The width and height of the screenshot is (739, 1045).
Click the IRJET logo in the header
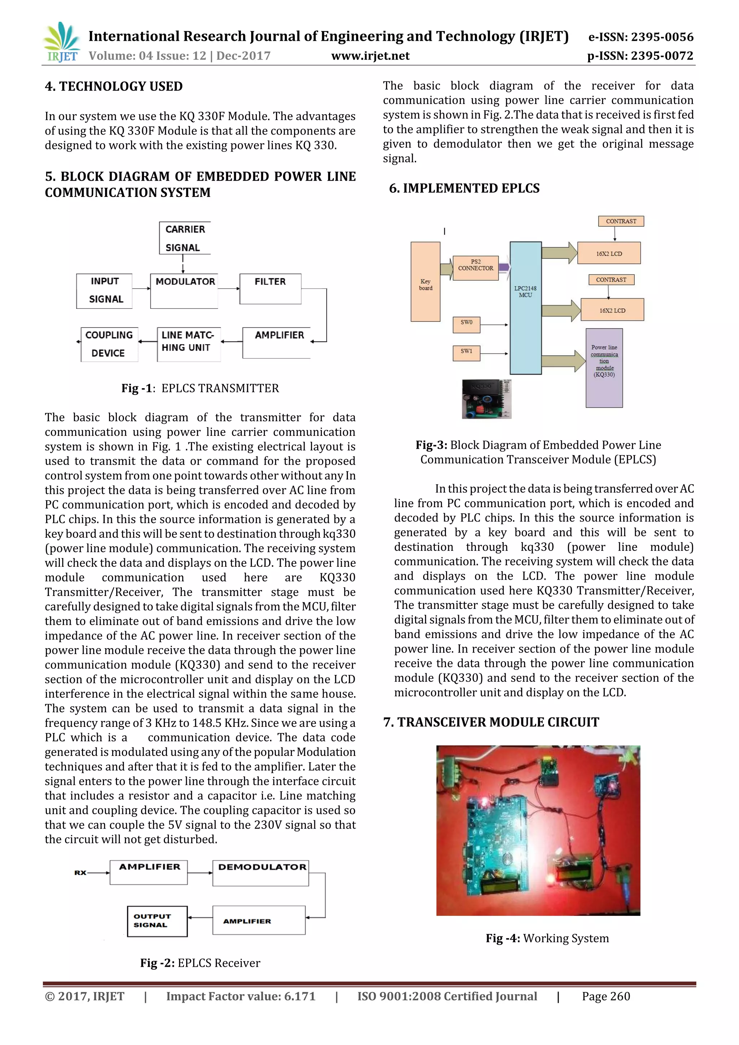pos(61,42)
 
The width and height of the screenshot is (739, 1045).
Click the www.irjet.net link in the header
pos(370,56)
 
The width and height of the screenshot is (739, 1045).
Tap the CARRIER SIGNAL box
pos(184,238)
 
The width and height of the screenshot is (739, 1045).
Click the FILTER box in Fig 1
pos(270,289)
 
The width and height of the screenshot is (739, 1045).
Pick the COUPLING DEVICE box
pos(109,344)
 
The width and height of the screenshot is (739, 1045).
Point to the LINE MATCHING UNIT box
pos(188,344)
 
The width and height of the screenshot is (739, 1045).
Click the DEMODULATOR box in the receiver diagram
pos(261,873)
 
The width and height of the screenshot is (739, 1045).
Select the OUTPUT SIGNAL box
pos(157,921)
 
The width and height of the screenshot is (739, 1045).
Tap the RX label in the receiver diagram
pos(80,873)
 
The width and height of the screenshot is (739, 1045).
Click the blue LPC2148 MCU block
pos(525,308)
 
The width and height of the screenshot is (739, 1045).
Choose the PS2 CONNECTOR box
pos(475,268)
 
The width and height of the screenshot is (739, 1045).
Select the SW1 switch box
pos(466,353)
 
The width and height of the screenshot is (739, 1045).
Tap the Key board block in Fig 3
pos(425,282)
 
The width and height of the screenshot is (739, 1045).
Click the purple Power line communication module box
pos(604,367)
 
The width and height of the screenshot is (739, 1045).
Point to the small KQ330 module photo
pos(486,399)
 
